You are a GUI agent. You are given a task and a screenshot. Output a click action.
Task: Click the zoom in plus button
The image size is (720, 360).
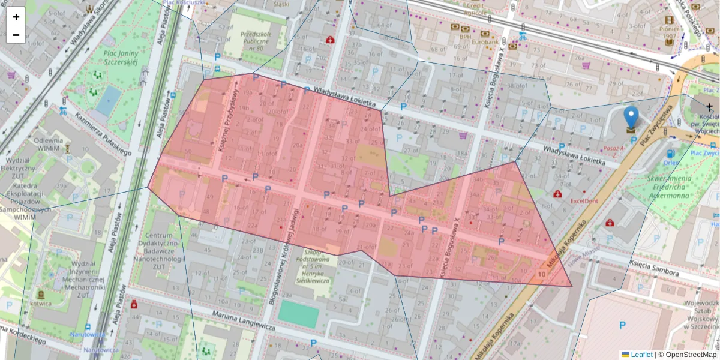[x=16, y=17]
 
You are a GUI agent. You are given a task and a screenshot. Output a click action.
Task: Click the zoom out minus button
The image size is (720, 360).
[x=16, y=35]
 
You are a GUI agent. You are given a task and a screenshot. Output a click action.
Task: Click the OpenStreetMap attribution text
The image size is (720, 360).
[x=691, y=355]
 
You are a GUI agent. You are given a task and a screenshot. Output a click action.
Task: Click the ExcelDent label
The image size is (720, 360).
[x=584, y=201]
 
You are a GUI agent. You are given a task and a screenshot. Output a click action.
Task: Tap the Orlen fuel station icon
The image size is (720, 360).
[x=670, y=154]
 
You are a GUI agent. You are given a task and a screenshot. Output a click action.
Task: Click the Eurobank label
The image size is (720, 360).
[x=484, y=43]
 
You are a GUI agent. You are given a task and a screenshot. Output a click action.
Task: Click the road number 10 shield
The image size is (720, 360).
[x=541, y=274]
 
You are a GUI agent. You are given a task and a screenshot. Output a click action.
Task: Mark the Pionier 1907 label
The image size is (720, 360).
[x=669, y=32]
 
